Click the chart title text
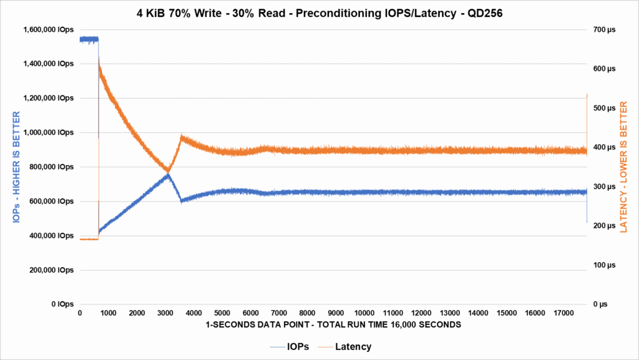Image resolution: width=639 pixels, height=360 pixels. tap(319, 12)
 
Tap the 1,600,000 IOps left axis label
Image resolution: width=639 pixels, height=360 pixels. tap(48, 29)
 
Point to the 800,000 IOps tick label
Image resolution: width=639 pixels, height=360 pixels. tap(52, 167)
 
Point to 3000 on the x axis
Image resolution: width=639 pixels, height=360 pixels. tap(165, 313)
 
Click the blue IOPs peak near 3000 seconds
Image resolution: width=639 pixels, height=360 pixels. tap(168, 175)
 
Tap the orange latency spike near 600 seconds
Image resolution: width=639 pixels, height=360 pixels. tap(99, 59)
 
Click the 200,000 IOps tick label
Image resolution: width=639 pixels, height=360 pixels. tap(52, 270)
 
